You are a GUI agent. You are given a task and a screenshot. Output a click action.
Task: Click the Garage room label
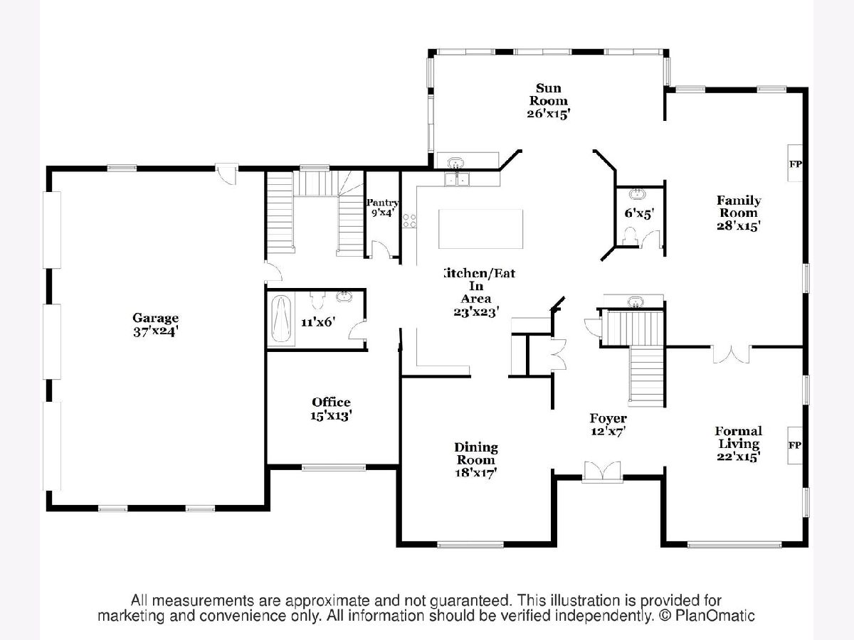(x=156, y=318)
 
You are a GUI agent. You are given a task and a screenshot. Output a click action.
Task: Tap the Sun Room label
(x=549, y=95)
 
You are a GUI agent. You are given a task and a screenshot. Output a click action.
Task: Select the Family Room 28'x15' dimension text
(x=739, y=225)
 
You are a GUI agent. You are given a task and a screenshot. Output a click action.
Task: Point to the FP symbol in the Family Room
(x=795, y=164)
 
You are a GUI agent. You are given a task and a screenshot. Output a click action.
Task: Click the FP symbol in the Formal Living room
(x=794, y=445)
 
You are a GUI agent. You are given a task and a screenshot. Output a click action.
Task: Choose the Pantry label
(x=383, y=203)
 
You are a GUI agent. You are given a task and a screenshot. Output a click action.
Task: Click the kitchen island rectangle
(x=480, y=228)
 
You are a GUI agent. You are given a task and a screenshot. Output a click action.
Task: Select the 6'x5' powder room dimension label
(x=639, y=213)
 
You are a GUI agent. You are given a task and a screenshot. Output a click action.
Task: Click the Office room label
(x=331, y=402)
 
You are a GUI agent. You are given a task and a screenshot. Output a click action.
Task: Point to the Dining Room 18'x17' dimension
(x=476, y=472)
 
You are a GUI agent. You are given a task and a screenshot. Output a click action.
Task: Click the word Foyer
(x=608, y=418)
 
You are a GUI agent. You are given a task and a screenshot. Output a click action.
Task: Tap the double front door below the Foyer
(x=602, y=472)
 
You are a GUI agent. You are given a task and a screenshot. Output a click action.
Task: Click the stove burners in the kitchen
(x=409, y=220)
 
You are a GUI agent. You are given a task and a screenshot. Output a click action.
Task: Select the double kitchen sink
(x=457, y=179)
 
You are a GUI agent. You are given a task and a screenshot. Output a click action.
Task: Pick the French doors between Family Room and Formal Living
(x=731, y=354)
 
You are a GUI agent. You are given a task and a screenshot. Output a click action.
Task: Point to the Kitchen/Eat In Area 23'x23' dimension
(x=476, y=311)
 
